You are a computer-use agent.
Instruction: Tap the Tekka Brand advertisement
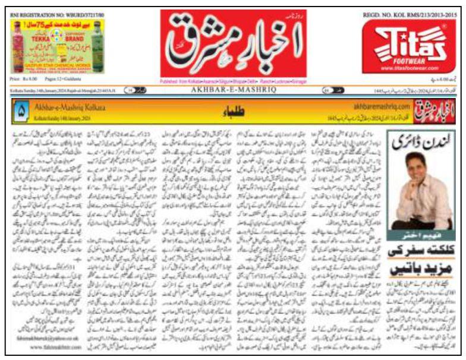pos(57,46)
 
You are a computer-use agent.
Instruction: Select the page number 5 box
pos(21,109)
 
